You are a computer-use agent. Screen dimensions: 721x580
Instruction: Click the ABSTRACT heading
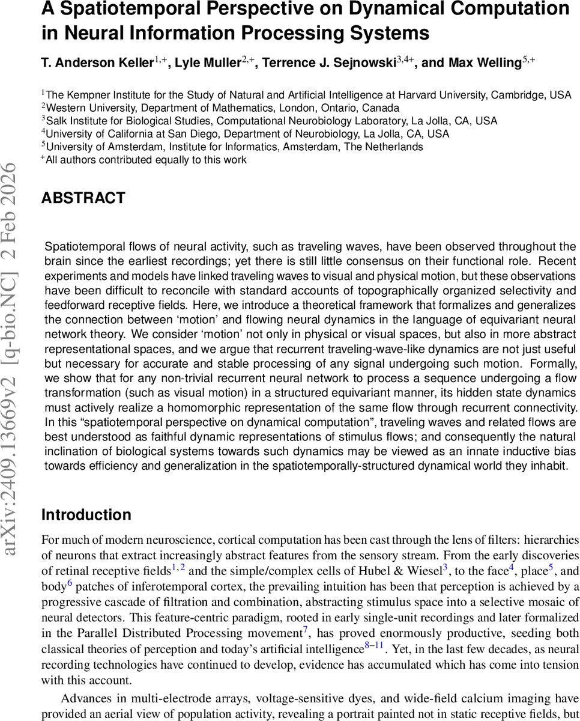(83, 198)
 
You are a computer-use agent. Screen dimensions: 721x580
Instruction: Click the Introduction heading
(86, 515)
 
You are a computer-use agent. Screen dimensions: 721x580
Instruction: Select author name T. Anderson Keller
(98, 63)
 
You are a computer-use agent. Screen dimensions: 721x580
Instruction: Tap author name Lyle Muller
(207, 63)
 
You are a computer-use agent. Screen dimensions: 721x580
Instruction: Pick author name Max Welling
(471, 63)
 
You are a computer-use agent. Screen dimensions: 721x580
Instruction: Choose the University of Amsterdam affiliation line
(235, 147)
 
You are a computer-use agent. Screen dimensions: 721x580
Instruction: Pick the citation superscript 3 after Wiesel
(446, 568)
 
